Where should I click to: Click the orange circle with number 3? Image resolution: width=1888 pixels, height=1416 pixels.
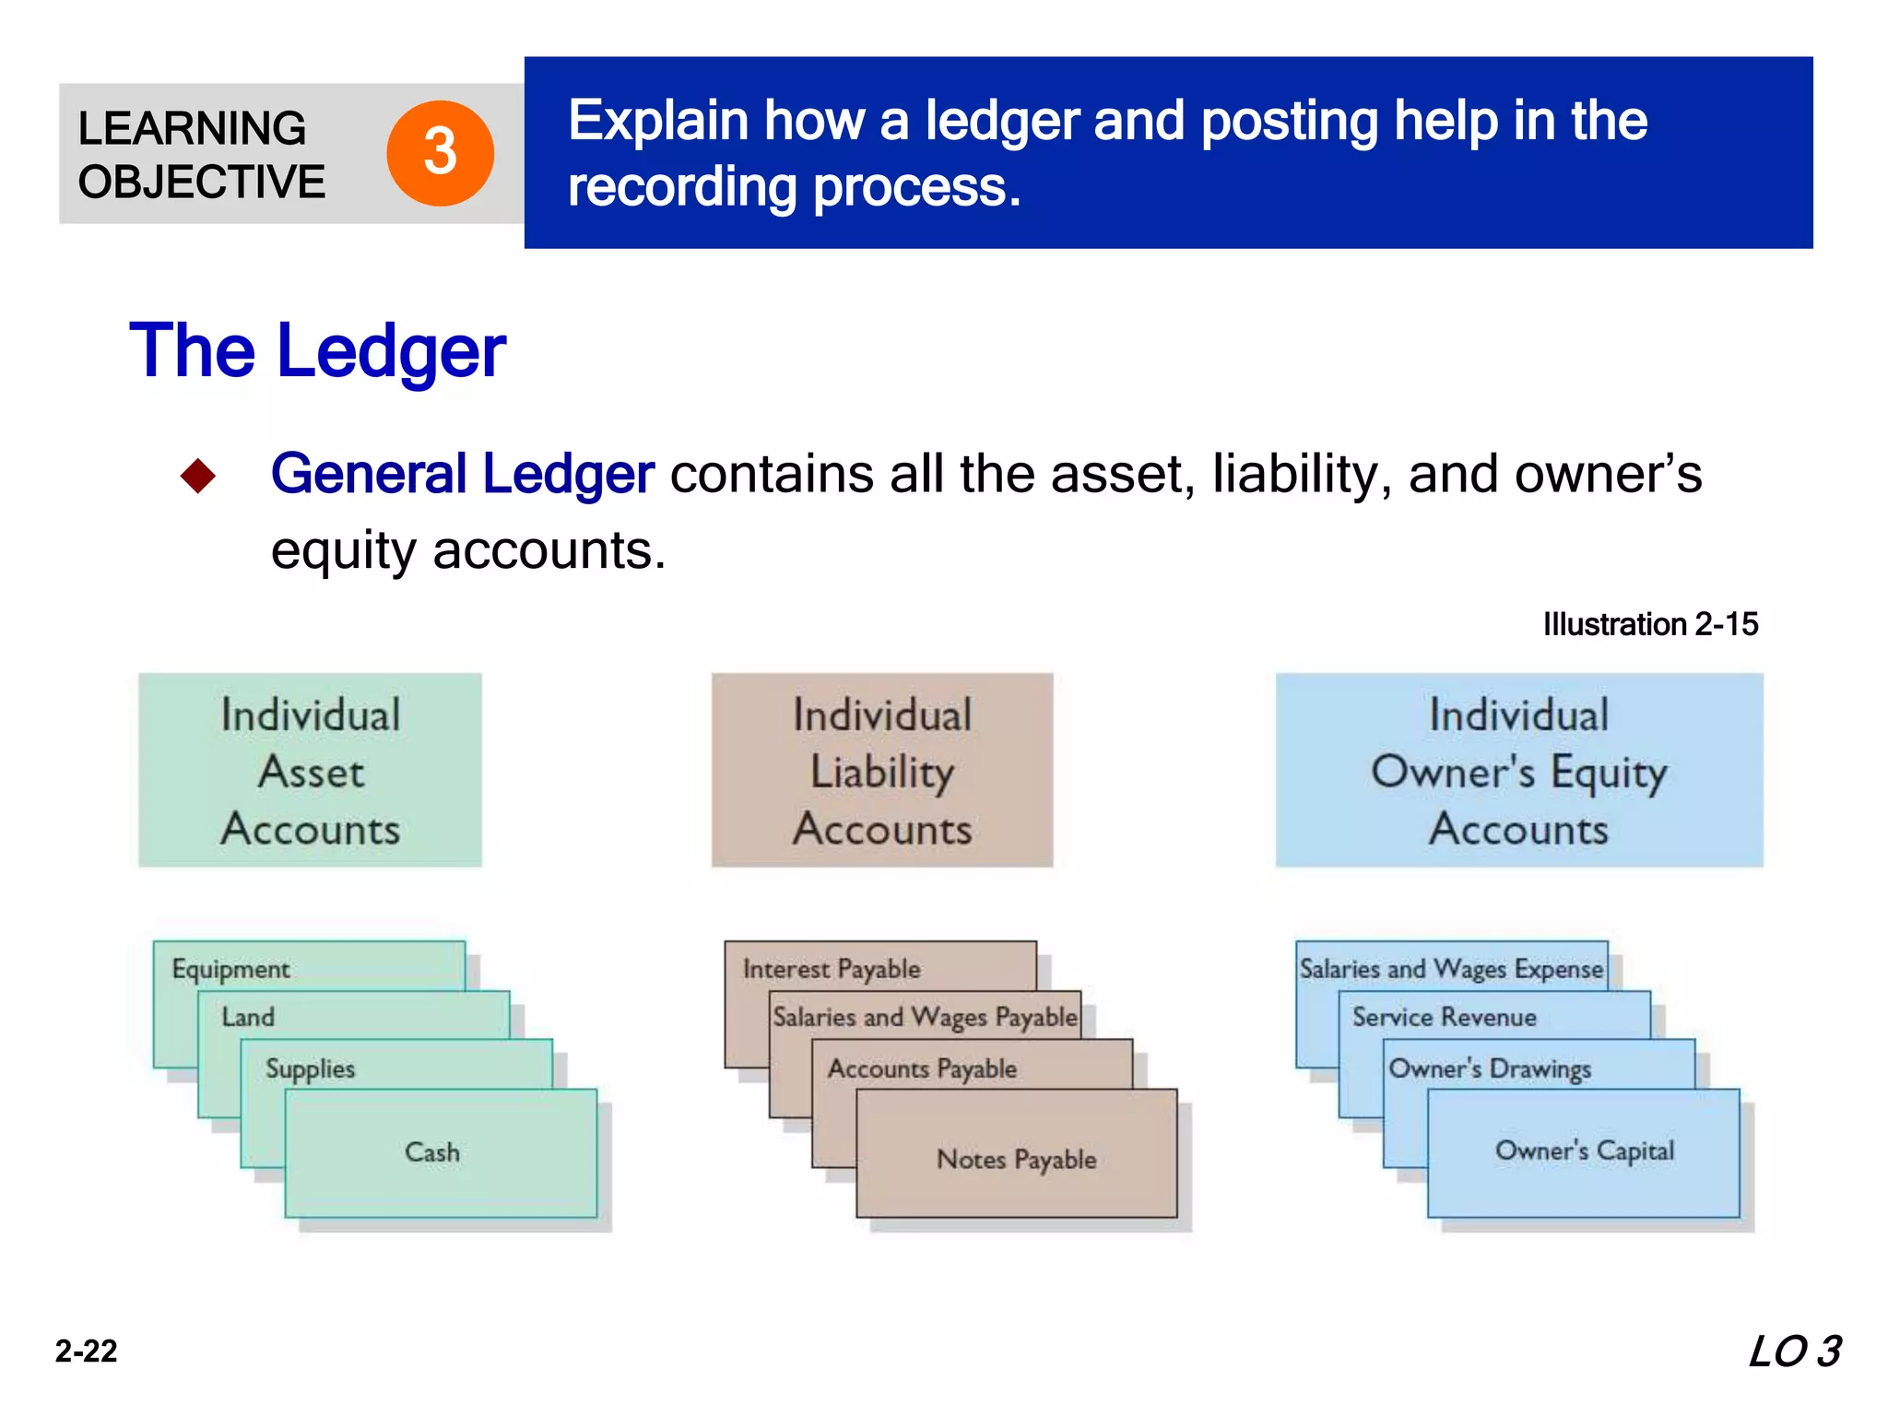pyautogui.click(x=440, y=153)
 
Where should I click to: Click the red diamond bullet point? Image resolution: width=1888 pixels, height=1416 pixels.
pyautogui.click(x=198, y=476)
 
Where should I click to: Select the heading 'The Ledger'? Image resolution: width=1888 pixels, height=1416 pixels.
pyautogui.click(x=317, y=351)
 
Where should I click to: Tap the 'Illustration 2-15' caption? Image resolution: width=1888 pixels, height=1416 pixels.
pyautogui.click(x=1649, y=624)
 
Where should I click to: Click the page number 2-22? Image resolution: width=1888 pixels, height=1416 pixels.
pyautogui.click(x=86, y=1351)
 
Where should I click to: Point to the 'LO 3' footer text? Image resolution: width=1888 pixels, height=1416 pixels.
pyautogui.click(x=1794, y=1351)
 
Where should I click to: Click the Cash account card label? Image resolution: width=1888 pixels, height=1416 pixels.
pyautogui.click(x=431, y=1152)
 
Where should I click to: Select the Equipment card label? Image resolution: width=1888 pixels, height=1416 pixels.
pyautogui.click(x=230, y=969)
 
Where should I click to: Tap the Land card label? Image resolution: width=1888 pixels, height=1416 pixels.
pyautogui.click(x=248, y=1017)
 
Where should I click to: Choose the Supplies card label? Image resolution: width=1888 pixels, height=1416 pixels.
pyautogui.click(x=310, y=1068)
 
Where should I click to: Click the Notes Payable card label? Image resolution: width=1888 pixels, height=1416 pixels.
pyautogui.click(x=1016, y=1159)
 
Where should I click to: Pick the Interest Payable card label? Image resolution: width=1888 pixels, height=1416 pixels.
pyautogui.click(x=832, y=969)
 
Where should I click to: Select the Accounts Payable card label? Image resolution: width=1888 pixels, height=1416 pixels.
pyautogui.click(x=922, y=1068)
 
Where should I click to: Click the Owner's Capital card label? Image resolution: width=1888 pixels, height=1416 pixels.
pyautogui.click(x=1584, y=1150)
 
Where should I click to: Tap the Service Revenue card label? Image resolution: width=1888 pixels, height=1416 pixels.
pyautogui.click(x=1444, y=1017)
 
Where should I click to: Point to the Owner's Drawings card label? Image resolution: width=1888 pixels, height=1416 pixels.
pyautogui.click(x=1490, y=1068)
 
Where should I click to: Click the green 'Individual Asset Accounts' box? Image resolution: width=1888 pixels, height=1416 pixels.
pyautogui.click(x=310, y=771)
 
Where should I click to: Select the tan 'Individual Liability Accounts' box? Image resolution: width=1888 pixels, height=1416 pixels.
pyautogui.click(x=881, y=771)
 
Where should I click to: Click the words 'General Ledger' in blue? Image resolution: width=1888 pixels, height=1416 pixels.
pyautogui.click(x=462, y=474)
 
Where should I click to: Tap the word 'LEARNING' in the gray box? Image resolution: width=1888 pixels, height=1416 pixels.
pyautogui.click(x=192, y=128)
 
